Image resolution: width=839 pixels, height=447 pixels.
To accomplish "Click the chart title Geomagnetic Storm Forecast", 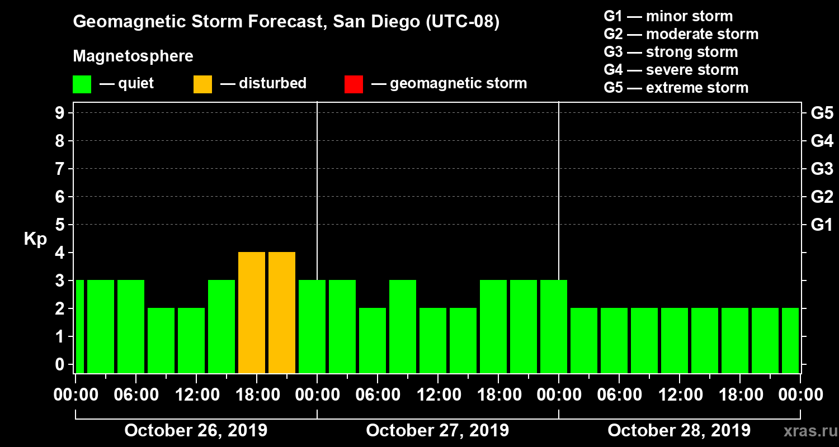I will tap(286, 22).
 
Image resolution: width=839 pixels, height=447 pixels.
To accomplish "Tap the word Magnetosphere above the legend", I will tap(133, 56).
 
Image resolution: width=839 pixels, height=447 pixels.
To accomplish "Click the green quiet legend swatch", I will tap(82, 84).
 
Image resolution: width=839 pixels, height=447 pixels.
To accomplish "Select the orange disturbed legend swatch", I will tap(202, 84).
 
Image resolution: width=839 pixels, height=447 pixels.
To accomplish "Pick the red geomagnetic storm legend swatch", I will tap(353, 84).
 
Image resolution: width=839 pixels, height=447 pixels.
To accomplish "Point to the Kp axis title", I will tap(35, 239).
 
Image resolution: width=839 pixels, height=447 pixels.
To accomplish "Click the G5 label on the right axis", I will tap(822, 113).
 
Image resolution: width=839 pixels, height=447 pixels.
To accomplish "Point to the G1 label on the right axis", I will tap(822, 225).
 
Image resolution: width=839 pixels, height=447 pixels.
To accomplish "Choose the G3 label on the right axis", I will tap(822, 169).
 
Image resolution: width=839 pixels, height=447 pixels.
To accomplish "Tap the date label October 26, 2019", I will tap(196, 431).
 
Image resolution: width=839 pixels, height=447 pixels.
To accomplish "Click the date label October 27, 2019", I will tap(437, 431).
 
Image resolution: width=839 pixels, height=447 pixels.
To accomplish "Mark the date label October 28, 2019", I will tap(679, 431).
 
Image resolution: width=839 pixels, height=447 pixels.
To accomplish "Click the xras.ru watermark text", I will tap(806, 431).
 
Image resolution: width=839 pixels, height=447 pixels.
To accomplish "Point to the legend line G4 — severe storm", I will tap(671, 70).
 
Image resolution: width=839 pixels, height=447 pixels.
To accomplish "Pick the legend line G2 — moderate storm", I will tap(681, 34).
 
